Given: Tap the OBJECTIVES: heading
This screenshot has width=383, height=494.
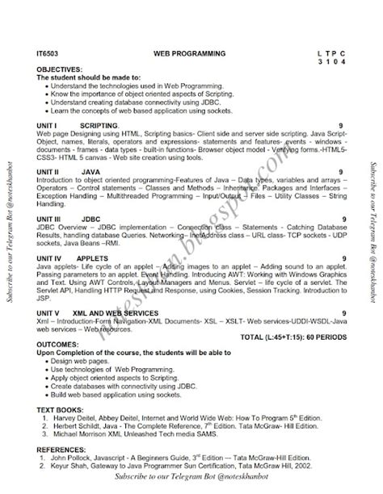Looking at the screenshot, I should (x=58, y=69).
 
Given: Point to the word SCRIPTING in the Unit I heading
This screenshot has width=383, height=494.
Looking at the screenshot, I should (x=99, y=126).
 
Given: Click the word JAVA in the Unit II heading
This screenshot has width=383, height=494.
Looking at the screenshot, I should (x=91, y=172).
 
